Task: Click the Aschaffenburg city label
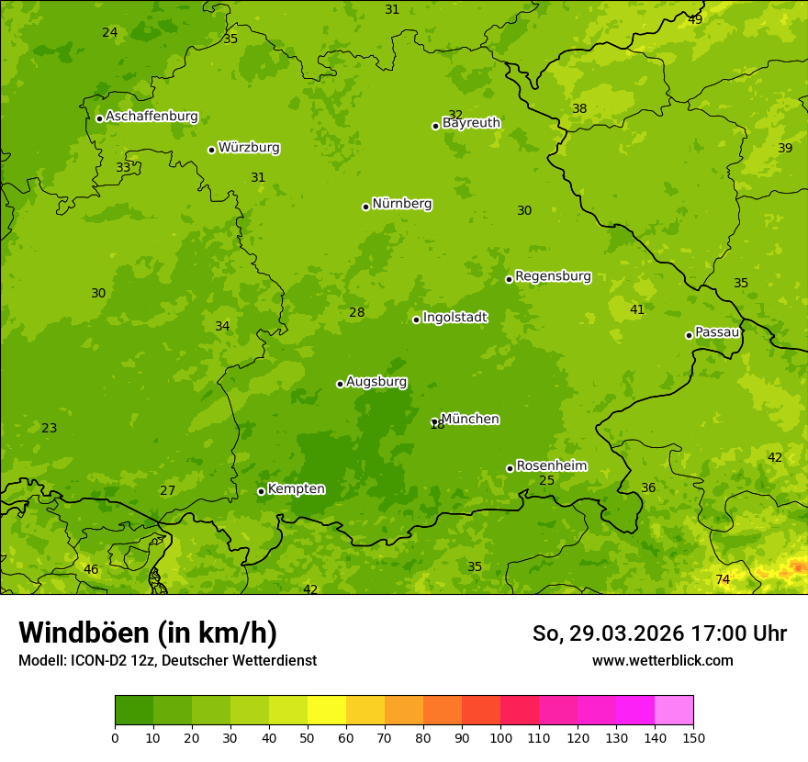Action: coord(151,117)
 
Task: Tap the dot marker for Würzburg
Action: coord(211,150)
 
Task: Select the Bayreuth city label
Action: coord(471,123)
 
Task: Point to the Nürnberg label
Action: coord(401,204)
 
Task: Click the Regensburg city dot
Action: coord(509,279)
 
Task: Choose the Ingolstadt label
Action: coord(454,318)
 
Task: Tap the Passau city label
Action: coord(717,332)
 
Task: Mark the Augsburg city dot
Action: coord(340,384)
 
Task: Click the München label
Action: coord(470,420)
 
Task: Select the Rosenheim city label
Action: coord(551,466)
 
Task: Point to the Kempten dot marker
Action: coord(261,491)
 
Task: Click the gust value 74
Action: coord(723,579)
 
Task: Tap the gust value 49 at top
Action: coord(695,19)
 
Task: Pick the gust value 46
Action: coord(91,570)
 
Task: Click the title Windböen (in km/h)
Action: coord(148,633)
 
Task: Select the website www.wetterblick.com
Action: coord(662,661)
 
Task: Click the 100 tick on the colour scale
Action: coord(500,737)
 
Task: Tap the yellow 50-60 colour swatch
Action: coord(327,711)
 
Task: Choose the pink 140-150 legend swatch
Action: coord(674,711)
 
